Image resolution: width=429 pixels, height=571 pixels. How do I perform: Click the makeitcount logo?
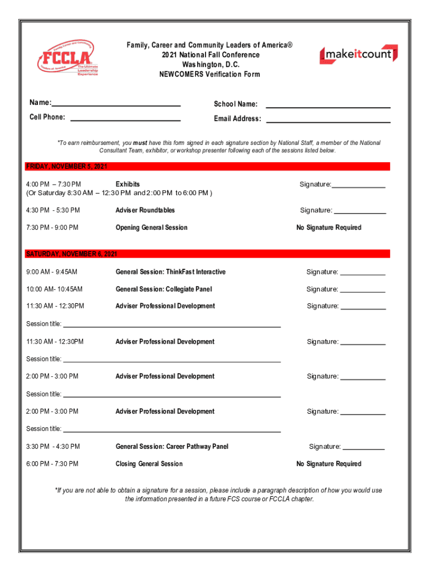tap(358, 54)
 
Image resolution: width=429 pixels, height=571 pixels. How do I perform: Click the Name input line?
tap(116, 105)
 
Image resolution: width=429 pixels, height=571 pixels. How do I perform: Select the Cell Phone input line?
tap(125, 119)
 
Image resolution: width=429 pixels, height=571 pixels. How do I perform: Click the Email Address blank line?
tap(328, 121)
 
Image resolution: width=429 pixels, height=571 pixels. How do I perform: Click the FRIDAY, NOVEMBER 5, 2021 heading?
tap(67, 167)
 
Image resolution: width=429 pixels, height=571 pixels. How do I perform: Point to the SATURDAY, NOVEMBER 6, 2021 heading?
tap(72, 254)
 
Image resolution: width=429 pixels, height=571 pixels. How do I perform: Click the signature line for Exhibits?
tap(359, 187)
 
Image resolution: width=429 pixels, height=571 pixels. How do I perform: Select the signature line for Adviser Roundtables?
tap(359, 213)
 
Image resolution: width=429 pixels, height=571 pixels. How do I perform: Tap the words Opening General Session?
tap(152, 228)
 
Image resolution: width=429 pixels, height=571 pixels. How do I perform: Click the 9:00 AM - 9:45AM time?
tap(52, 272)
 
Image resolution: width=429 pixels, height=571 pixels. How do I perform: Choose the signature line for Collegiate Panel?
tap(363, 292)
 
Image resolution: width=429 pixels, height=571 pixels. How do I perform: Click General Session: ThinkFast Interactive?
tap(170, 272)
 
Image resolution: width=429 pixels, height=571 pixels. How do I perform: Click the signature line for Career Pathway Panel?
tap(363, 449)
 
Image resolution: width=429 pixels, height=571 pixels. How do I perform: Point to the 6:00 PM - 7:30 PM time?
tap(52, 464)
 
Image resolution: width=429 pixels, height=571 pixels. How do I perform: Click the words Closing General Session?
tap(149, 464)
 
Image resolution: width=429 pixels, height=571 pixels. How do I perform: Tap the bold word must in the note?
tap(140, 143)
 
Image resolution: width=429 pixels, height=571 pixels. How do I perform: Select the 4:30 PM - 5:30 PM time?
tap(53, 210)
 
